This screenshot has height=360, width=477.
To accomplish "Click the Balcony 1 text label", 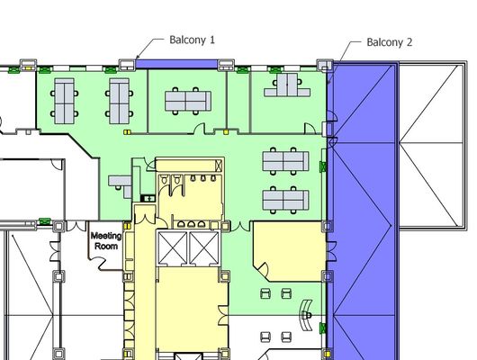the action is (x=192, y=40).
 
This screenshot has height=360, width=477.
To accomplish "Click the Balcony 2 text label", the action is (x=390, y=42).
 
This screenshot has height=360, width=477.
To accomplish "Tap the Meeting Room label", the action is (x=106, y=240).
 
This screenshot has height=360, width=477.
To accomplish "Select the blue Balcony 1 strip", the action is (x=176, y=64).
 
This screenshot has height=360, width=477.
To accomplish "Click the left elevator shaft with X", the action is (x=173, y=247).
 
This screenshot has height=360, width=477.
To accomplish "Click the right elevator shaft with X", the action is (x=204, y=247).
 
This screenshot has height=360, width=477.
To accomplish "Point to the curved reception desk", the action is (x=306, y=315).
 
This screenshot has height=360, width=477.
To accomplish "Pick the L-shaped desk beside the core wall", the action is (x=121, y=185).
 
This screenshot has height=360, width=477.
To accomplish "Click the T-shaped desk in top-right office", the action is (x=287, y=85).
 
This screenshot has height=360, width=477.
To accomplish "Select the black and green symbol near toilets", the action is (x=148, y=198).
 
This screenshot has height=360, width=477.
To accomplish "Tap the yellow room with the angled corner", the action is (x=289, y=251).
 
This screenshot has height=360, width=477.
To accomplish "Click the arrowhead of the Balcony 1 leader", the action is (x=138, y=57).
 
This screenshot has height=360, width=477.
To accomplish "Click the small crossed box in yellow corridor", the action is (x=219, y=166).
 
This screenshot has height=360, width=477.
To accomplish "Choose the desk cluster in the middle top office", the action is (x=188, y=101).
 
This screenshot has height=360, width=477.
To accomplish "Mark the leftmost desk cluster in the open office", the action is (x=64, y=101).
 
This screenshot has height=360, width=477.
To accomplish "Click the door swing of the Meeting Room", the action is (x=99, y=263).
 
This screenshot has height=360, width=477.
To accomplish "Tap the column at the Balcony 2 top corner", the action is (x=325, y=65).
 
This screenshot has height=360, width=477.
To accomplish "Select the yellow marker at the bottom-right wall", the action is (x=327, y=355).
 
